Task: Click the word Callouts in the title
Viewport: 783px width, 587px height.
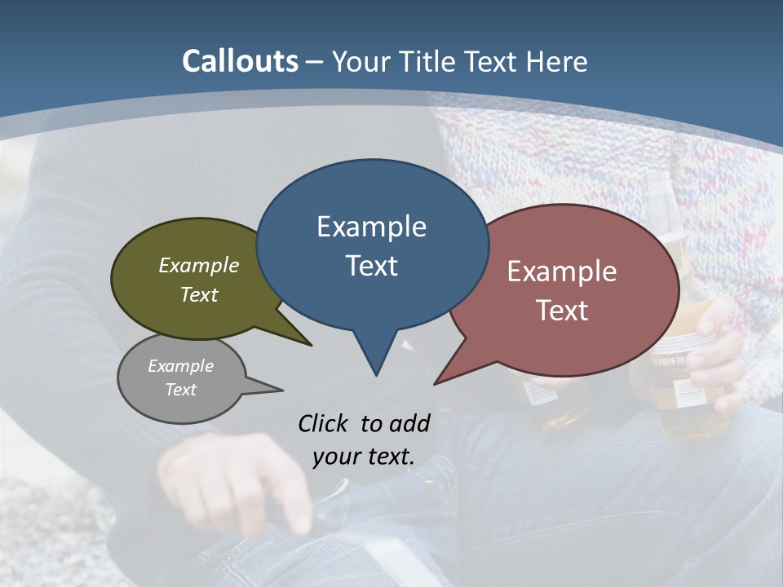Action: click(240, 61)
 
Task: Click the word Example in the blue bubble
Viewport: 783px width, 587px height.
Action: click(371, 226)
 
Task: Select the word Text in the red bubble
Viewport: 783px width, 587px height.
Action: click(562, 311)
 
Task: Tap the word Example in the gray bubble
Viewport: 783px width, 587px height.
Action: click(180, 366)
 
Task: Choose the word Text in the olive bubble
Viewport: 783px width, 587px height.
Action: click(199, 294)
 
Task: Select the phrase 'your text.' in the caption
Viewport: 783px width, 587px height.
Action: click(364, 456)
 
